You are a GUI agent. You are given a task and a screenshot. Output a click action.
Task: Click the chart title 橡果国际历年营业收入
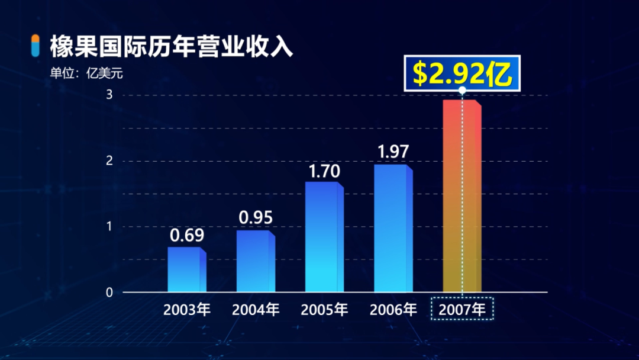[x=172, y=47]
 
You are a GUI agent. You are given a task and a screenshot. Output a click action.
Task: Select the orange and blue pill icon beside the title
[x=35, y=46]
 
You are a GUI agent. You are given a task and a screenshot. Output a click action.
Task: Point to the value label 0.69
[x=187, y=236]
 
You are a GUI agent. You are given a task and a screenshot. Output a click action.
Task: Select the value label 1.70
[x=324, y=172]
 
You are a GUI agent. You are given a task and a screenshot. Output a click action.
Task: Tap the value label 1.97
[x=393, y=152]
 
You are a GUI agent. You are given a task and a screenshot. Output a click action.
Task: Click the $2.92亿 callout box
[x=462, y=73]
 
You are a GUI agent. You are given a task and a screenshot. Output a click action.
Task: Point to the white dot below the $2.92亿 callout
[x=462, y=91]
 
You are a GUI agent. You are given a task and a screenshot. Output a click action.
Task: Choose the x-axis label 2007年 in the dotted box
[x=462, y=309]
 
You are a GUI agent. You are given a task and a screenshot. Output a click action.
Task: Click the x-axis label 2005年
[x=324, y=309]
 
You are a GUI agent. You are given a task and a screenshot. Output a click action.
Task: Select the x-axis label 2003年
[x=187, y=309]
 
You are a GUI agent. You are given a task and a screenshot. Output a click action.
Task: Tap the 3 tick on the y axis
[x=109, y=95]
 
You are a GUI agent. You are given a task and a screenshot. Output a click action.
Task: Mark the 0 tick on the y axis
[x=109, y=292]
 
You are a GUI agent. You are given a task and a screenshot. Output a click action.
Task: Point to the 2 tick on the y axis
[x=109, y=161]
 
